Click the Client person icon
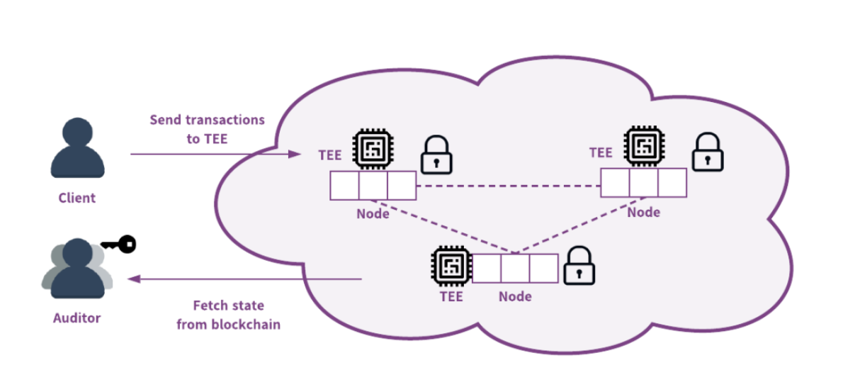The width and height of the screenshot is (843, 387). click(77, 149)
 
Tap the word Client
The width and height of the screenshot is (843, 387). click(77, 198)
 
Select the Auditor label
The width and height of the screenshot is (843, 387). click(77, 318)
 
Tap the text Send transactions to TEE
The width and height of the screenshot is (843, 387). click(207, 129)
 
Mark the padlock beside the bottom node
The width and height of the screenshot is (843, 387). click(579, 265)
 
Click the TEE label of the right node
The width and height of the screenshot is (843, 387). click(601, 152)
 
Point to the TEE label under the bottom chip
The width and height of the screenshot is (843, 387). click(451, 296)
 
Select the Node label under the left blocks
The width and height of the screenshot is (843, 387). click(373, 213)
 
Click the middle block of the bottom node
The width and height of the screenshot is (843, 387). click(515, 269)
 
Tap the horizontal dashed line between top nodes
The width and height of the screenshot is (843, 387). click(507, 186)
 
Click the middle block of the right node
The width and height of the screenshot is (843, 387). click(643, 183)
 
